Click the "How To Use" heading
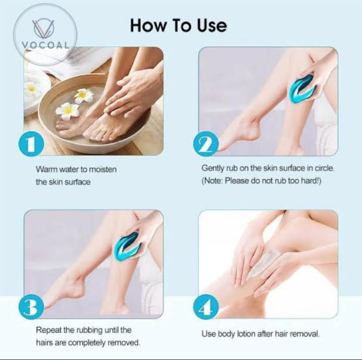pyautogui.click(x=178, y=25)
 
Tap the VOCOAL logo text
pyautogui.click(x=46, y=43)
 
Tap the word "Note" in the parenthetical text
pyautogui.click(x=213, y=181)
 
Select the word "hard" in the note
pyautogui.click(x=308, y=181)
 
